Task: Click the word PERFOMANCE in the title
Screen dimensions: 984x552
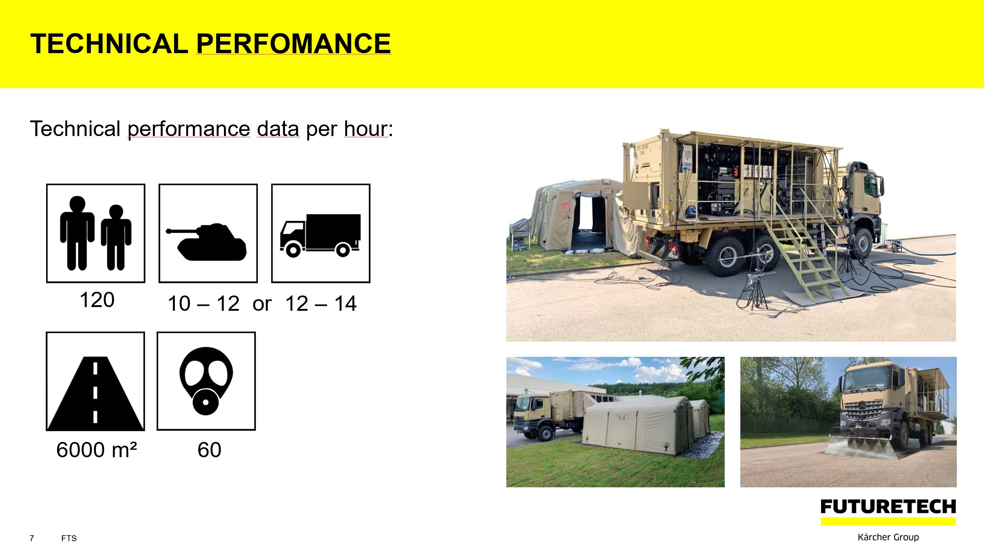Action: pyautogui.click(x=294, y=43)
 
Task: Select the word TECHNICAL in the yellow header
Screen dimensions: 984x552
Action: pyautogui.click(x=109, y=43)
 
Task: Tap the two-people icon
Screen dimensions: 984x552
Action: pyautogui.click(x=96, y=233)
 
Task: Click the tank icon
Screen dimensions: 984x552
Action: pyautogui.click(x=206, y=242)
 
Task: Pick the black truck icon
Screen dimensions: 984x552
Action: pyautogui.click(x=320, y=235)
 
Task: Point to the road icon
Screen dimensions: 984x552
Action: pyautogui.click(x=96, y=393)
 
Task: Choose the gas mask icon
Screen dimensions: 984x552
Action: pyautogui.click(x=206, y=381)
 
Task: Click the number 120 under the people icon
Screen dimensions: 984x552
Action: pyautogui.click(x=97, y=300)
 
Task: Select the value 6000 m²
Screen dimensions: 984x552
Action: pyautogui.click(x=96, y=450)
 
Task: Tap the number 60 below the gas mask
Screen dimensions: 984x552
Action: pyautogui.click(x=209, y=450)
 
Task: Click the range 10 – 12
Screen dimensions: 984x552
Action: pyautogui.click(x=203, y=304)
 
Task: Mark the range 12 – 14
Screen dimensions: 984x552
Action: pyautogui.click(x=321, y=304)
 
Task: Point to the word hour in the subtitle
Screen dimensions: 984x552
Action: pyautogui.click(x=366, y=129)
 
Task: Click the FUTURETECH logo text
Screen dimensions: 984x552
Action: pyautogui.click(x=888, y=507)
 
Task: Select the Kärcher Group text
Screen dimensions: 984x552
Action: pyautogui.click(x=888, y=537)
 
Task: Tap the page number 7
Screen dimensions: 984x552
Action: pyautogui.click(x=32, y=538)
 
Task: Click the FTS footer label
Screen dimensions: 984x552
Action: pyautogui.click(x=69, y=538)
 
